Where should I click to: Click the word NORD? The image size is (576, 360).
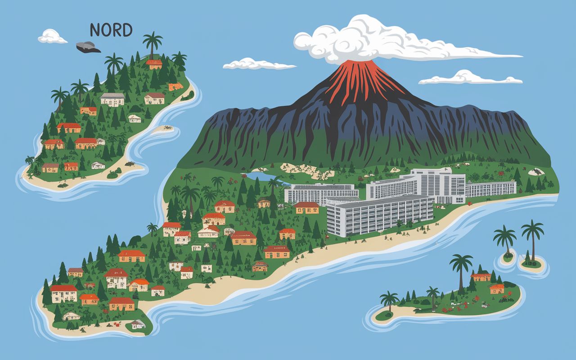tap(111, 30)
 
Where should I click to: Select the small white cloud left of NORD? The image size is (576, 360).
tap(52, 37)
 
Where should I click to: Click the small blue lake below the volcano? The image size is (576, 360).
tap(261, 177)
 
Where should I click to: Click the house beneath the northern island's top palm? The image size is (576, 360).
tap(154, 64)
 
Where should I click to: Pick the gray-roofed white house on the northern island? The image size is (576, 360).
tap(112, 99)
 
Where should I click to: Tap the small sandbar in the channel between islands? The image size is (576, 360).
tap(162, 129)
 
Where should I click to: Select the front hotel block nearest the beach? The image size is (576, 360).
tap(378, 216)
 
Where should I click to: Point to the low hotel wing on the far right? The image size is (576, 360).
tap(490, 188)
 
